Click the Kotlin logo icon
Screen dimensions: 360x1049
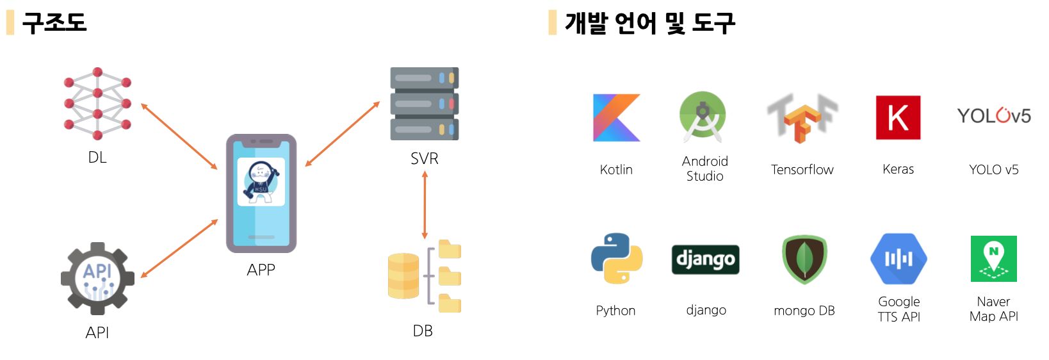tap(616, 118)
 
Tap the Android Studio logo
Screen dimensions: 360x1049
tap(703, 117)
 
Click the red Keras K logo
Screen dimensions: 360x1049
tap(898, 118)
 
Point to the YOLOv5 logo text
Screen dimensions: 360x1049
tap(993, 116)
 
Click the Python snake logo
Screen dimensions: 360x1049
tap(616, 258)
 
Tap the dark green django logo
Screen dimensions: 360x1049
tap(705, 259)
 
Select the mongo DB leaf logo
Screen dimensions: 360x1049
tap(804, 259)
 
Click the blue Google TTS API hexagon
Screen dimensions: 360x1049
tap(899, 259)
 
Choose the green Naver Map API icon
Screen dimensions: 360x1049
tap(993, 259)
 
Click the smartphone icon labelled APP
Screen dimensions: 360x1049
tap(261, 193)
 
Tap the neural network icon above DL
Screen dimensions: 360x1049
tap(97, 103)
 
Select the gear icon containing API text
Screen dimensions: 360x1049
tap(97, 279)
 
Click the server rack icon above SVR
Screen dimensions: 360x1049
tap(425, 104)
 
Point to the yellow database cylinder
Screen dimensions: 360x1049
tap(403, 275)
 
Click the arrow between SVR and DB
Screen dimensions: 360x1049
tap(425, 205)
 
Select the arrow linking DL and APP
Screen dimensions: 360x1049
tap(179, 136)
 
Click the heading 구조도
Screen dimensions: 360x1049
tap(54, 22)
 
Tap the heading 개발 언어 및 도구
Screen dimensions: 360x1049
tap(649, 23)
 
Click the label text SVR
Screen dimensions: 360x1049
tap(424, 159)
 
